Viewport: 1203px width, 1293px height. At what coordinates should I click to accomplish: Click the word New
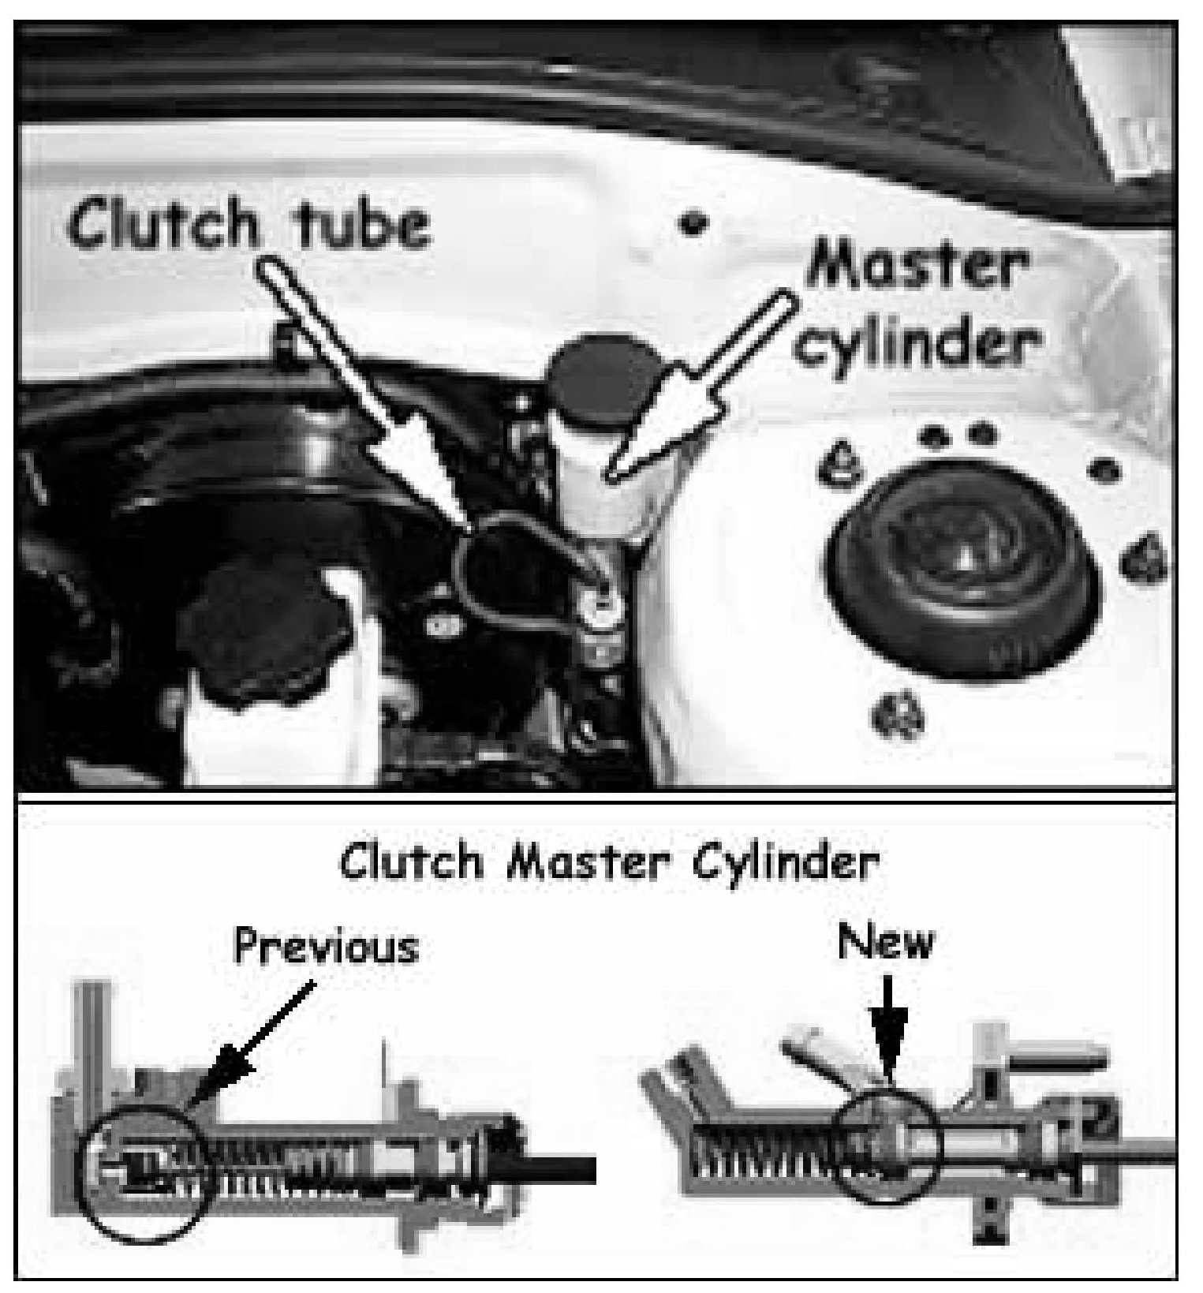887,941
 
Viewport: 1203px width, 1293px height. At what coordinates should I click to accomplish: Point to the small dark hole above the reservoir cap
693,223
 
